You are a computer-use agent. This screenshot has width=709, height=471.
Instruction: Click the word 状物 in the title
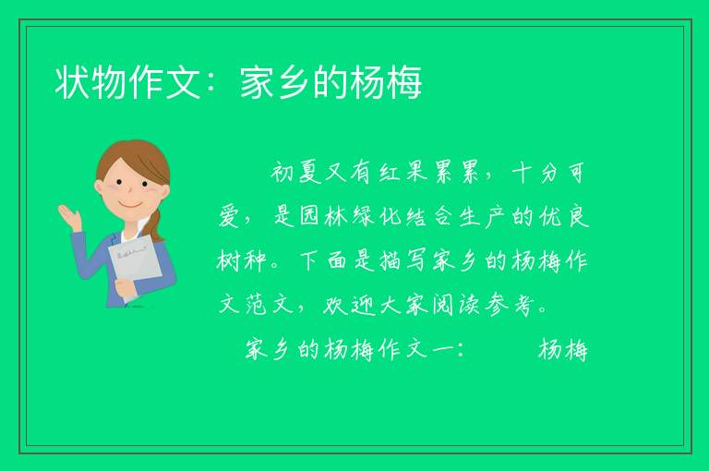pos(90,82)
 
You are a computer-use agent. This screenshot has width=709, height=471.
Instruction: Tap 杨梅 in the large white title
pos(387,82)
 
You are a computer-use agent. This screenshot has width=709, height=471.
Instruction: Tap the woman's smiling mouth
pos(130,204)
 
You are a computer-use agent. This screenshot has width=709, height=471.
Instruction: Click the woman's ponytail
pos(156,224)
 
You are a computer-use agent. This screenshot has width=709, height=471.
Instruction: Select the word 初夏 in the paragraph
pos(296,173)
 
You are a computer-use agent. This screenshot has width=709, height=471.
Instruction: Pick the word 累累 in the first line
pos(456,173)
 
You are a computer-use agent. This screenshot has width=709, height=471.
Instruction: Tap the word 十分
pos(536,173)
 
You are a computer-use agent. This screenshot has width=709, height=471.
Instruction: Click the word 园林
pos(323,216)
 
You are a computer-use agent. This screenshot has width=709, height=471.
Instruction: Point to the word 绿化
pos(377,216)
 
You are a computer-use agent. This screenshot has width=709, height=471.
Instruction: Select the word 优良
pos(563,216)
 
